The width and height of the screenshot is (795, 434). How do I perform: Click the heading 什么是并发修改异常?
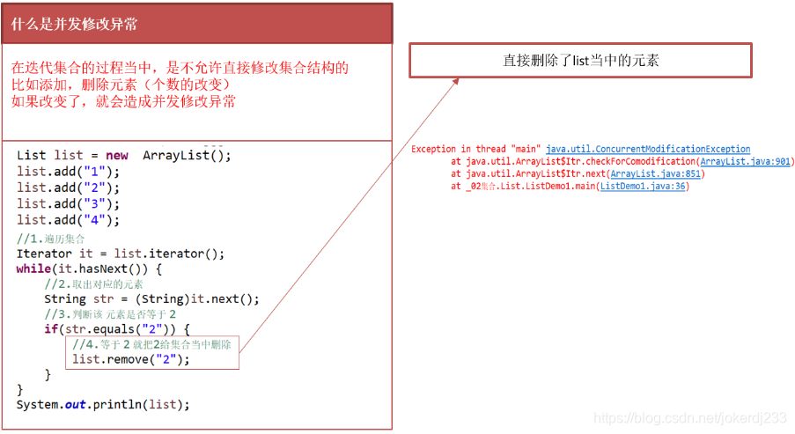(75, 24)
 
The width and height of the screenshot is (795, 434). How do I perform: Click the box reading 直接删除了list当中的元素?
(580, 61)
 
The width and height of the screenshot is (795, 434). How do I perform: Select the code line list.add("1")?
(68, 171)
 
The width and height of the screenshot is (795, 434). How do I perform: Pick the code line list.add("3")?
(68, 203)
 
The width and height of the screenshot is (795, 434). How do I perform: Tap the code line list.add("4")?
(68, 220)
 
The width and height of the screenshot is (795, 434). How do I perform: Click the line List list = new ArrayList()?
(123, 155)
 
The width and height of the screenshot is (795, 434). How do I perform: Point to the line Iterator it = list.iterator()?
(121, 254)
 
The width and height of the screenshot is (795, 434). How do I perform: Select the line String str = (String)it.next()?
(151, 299)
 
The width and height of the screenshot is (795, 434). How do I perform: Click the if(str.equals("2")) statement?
(116, 329)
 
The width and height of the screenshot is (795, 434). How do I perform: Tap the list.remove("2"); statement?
(131, 359)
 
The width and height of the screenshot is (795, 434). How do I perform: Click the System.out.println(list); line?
(103, 404)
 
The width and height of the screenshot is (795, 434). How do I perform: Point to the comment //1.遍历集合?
(51, 238)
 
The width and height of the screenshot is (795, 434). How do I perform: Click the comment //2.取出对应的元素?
(93, 284)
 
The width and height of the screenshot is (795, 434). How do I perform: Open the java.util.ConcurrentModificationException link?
(648, 150)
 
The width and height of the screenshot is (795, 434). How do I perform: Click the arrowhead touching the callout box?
(455, 81)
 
